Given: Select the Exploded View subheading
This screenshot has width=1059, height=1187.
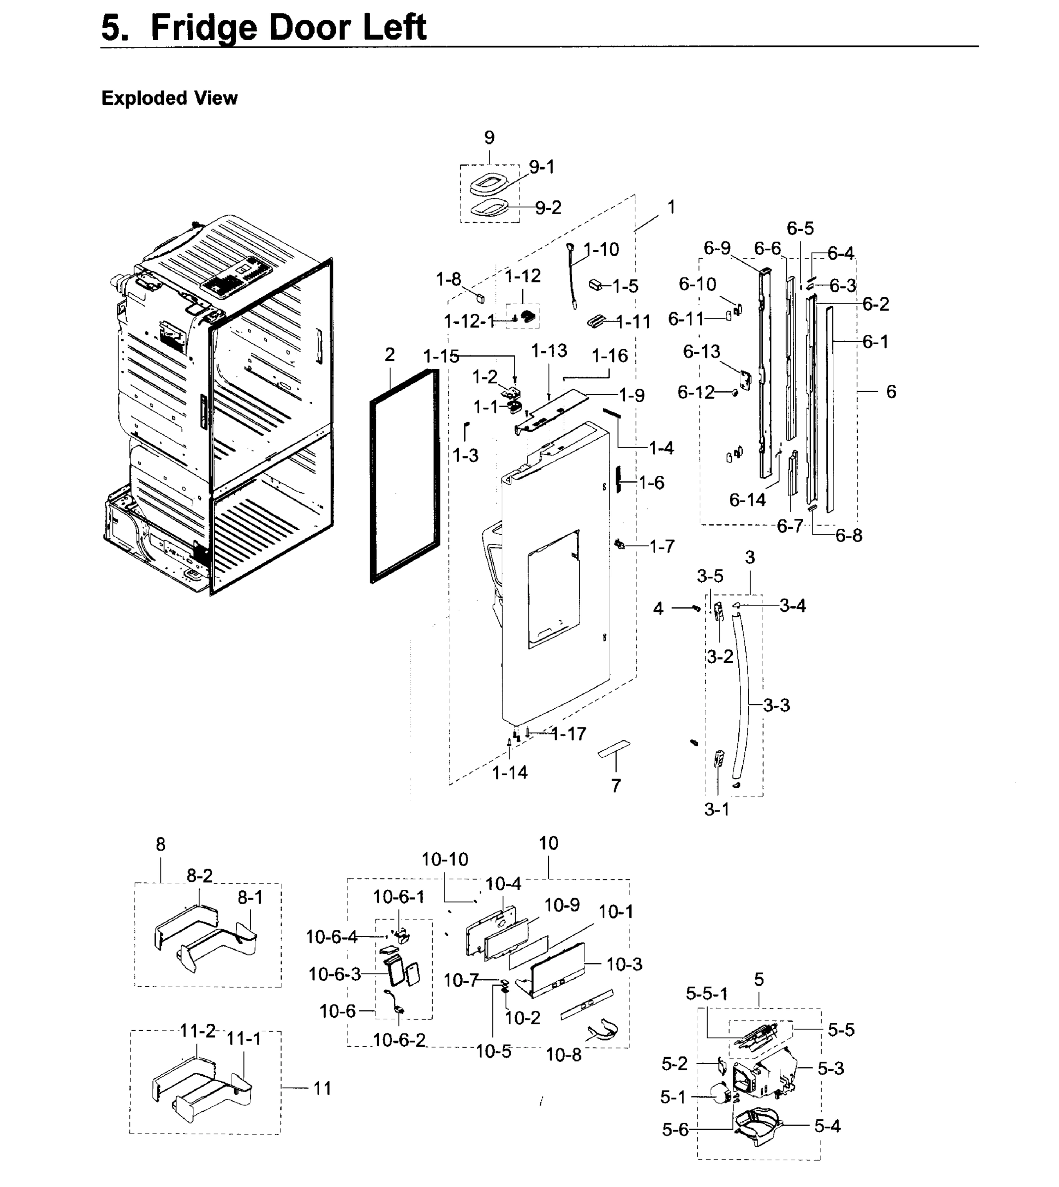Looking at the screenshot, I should pos(169,98).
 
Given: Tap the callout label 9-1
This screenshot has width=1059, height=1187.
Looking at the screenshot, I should pos(542,168).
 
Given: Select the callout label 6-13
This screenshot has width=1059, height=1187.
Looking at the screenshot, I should pos(701,351).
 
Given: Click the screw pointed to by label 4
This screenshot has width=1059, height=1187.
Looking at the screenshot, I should pos(696,608).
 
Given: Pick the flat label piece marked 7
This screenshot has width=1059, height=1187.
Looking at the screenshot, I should pos(614,748).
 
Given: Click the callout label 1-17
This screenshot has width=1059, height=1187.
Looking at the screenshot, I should pos(569,734).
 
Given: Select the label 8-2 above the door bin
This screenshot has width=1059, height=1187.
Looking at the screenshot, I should pos(199,875).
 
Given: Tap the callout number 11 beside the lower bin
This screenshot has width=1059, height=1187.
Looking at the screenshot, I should pos(322,1088).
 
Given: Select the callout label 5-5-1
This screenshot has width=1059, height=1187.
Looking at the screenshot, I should pos(706,993).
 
